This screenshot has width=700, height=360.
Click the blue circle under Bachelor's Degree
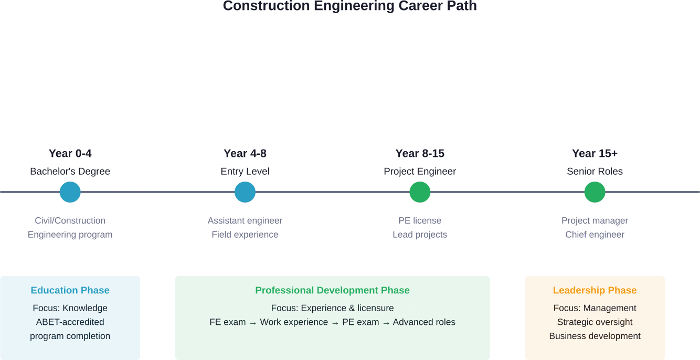click(70, 192)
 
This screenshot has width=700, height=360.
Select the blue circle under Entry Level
click(245, 192)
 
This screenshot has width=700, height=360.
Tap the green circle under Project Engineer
click(419, 192)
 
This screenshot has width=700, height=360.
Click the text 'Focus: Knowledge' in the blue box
click(70, 308)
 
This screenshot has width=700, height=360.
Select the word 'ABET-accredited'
click(70, 322)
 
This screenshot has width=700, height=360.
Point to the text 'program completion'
click(70, 336)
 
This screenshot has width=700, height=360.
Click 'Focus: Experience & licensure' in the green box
click(332, 308)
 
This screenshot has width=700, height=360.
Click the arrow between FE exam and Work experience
click(253, 322)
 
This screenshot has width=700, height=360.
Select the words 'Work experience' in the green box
click(294, 322)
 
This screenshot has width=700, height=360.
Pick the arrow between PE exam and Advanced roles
click(386, 322)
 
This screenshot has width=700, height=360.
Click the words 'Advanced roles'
click(424, 322)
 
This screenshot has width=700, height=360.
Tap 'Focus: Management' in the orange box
click(595, 308)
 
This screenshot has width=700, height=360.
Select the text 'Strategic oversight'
click(595, 322)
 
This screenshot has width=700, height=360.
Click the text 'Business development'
click(595, 336)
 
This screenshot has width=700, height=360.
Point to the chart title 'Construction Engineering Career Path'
click(350, 7)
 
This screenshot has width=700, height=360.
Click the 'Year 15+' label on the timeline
click(595, 154)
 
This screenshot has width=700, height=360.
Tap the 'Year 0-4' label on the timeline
click(70, 154)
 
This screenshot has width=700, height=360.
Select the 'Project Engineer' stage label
click(419, 172)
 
